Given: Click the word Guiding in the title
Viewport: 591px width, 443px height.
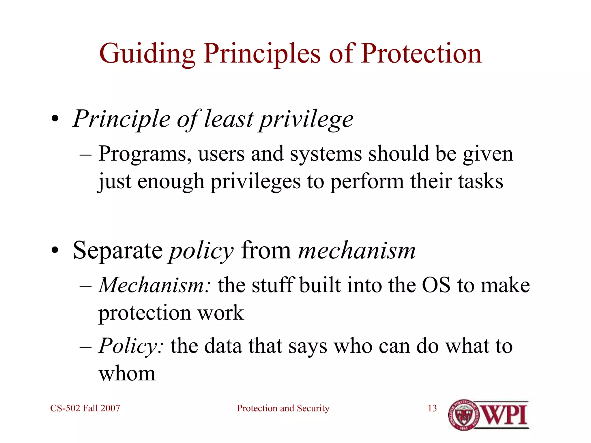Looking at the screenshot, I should tap(147, 54).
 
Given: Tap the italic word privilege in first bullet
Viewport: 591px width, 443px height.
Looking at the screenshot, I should tap(306, 120).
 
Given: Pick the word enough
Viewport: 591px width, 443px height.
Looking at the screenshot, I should tap(171, 182).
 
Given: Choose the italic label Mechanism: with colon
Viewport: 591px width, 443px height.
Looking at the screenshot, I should tap(155, 285).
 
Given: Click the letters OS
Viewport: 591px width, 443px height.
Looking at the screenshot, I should tap(436, 285).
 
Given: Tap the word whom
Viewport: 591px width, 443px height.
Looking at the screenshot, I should tap(127, 373).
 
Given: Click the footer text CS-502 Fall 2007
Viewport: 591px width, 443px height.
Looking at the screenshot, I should tap(85, 408).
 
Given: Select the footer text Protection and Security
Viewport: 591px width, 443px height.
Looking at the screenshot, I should tap(283, 408).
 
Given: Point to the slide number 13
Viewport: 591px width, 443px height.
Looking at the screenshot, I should tap(432, 408).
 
